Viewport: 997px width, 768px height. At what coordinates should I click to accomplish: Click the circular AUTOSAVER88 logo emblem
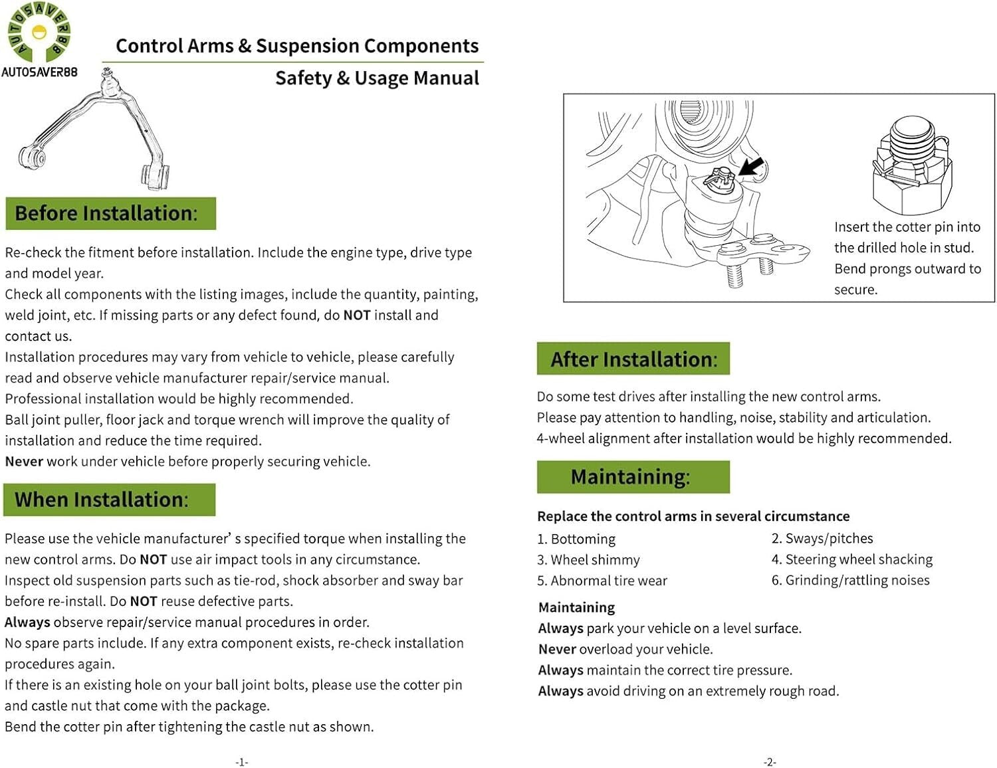point(39,32)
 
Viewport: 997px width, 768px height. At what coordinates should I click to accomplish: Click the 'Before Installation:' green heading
point(110,213)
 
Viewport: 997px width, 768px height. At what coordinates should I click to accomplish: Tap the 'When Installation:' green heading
point(109,500)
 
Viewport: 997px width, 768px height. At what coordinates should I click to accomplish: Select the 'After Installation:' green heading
point(633,359)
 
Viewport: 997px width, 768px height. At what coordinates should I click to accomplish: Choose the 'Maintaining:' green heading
point(633,477)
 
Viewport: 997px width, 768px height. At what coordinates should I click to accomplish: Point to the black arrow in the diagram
point(751,167)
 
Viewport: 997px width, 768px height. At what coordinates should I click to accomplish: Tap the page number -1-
point(242,762)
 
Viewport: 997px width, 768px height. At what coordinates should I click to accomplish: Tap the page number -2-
point(770,762)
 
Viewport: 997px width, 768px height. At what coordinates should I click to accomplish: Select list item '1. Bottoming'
point(576,539)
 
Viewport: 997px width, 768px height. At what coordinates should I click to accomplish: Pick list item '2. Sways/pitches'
point(822,538)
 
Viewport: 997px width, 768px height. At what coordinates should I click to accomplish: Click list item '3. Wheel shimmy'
point(588,560)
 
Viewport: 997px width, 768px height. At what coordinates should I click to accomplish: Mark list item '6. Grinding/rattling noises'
point(851,580)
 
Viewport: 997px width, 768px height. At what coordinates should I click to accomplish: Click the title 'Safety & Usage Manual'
point(377,78)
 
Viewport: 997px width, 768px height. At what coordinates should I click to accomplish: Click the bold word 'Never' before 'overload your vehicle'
point(557,649)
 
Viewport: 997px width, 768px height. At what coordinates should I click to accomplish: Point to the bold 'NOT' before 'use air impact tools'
point(154,559)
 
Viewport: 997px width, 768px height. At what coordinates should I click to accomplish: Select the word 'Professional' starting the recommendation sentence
point(40,399)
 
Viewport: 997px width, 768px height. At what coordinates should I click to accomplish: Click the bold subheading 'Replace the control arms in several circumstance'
point(693,516)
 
